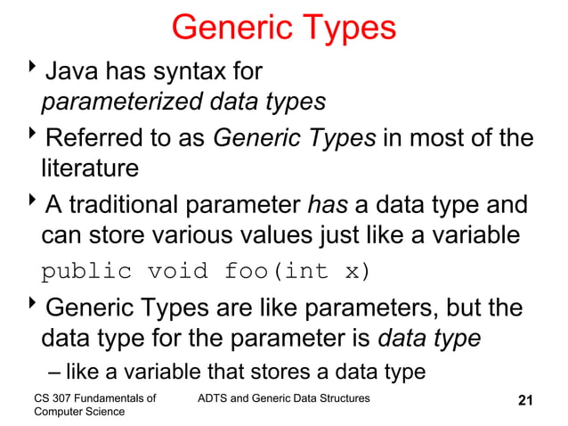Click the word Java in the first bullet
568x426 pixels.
[x=72, y=69]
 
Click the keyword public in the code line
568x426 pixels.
[x=81, y=271]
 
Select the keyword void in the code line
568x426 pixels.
[x=177, y=271]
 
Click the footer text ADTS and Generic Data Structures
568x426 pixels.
[x=283, y=397]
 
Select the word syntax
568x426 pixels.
[x=185, y=69]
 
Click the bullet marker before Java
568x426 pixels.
[x=34, y=68]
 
